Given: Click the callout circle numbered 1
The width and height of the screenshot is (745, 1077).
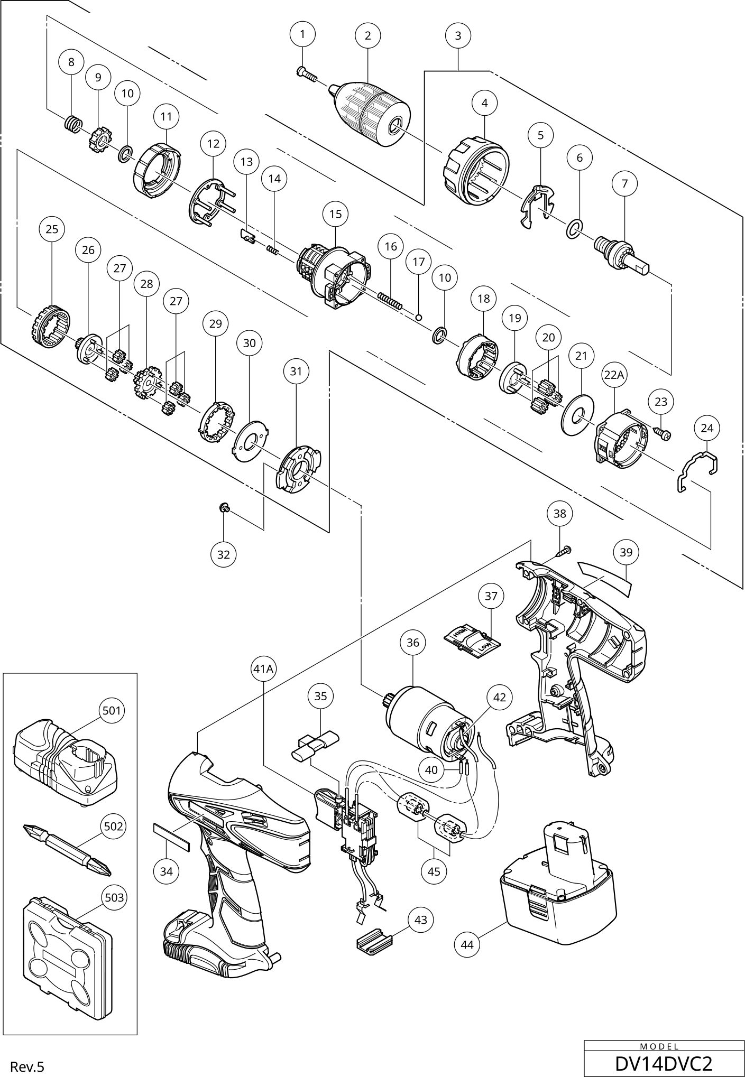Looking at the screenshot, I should [302, 34].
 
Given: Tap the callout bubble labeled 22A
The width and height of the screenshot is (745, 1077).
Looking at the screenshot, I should [614, 375].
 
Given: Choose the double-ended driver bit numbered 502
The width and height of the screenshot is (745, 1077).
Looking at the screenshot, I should [67, 850].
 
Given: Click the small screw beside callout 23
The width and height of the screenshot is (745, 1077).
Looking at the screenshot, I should [663, 434].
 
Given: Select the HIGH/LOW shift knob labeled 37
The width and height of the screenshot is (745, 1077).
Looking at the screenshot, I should [473, 641].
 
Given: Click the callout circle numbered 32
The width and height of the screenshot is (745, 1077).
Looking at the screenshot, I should [224, 554].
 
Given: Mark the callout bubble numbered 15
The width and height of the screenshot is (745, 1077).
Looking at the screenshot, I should [335, 214].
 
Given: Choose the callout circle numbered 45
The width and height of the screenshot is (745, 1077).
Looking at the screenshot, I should [434, 871].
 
